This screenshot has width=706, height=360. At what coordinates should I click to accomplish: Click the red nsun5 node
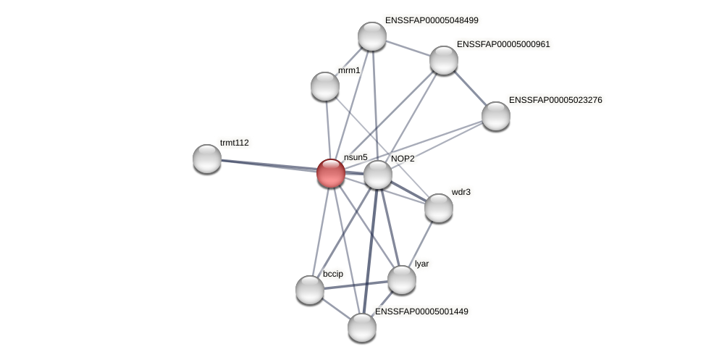point(331,173)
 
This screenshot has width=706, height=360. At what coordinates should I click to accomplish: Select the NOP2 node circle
point(378,175)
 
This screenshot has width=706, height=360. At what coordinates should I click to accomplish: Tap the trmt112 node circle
point(207,159)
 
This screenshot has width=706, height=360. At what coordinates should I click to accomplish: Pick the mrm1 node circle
point(325,86)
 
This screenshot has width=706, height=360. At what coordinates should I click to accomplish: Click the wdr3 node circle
point(439,208)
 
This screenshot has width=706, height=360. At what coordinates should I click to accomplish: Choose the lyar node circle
point(402,280)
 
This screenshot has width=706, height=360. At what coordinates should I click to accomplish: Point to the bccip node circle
point(310,290)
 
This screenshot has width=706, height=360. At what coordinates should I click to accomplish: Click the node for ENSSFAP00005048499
point(372,36)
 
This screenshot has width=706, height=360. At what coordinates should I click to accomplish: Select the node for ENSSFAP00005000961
point(444,60)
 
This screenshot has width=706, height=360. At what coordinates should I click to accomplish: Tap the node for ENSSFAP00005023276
point(496,116)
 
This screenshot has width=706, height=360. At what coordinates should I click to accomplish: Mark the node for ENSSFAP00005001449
point(362,327)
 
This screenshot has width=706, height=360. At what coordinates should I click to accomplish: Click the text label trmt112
point(235,143)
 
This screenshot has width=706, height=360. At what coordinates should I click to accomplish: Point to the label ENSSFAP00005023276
point(555,100)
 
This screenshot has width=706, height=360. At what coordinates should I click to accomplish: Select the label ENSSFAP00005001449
point(421,311)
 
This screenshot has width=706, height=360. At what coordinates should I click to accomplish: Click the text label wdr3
point(461,192)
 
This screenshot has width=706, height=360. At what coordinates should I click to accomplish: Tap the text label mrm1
point(349,70)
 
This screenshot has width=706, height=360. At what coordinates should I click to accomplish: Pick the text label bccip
point(333,274)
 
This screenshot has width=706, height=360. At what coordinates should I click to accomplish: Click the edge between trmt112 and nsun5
point(268,166)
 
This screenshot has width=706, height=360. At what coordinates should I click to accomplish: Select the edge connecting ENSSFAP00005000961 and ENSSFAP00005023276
point(470,88)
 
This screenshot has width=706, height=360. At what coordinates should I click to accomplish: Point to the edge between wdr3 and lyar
point(421,243)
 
